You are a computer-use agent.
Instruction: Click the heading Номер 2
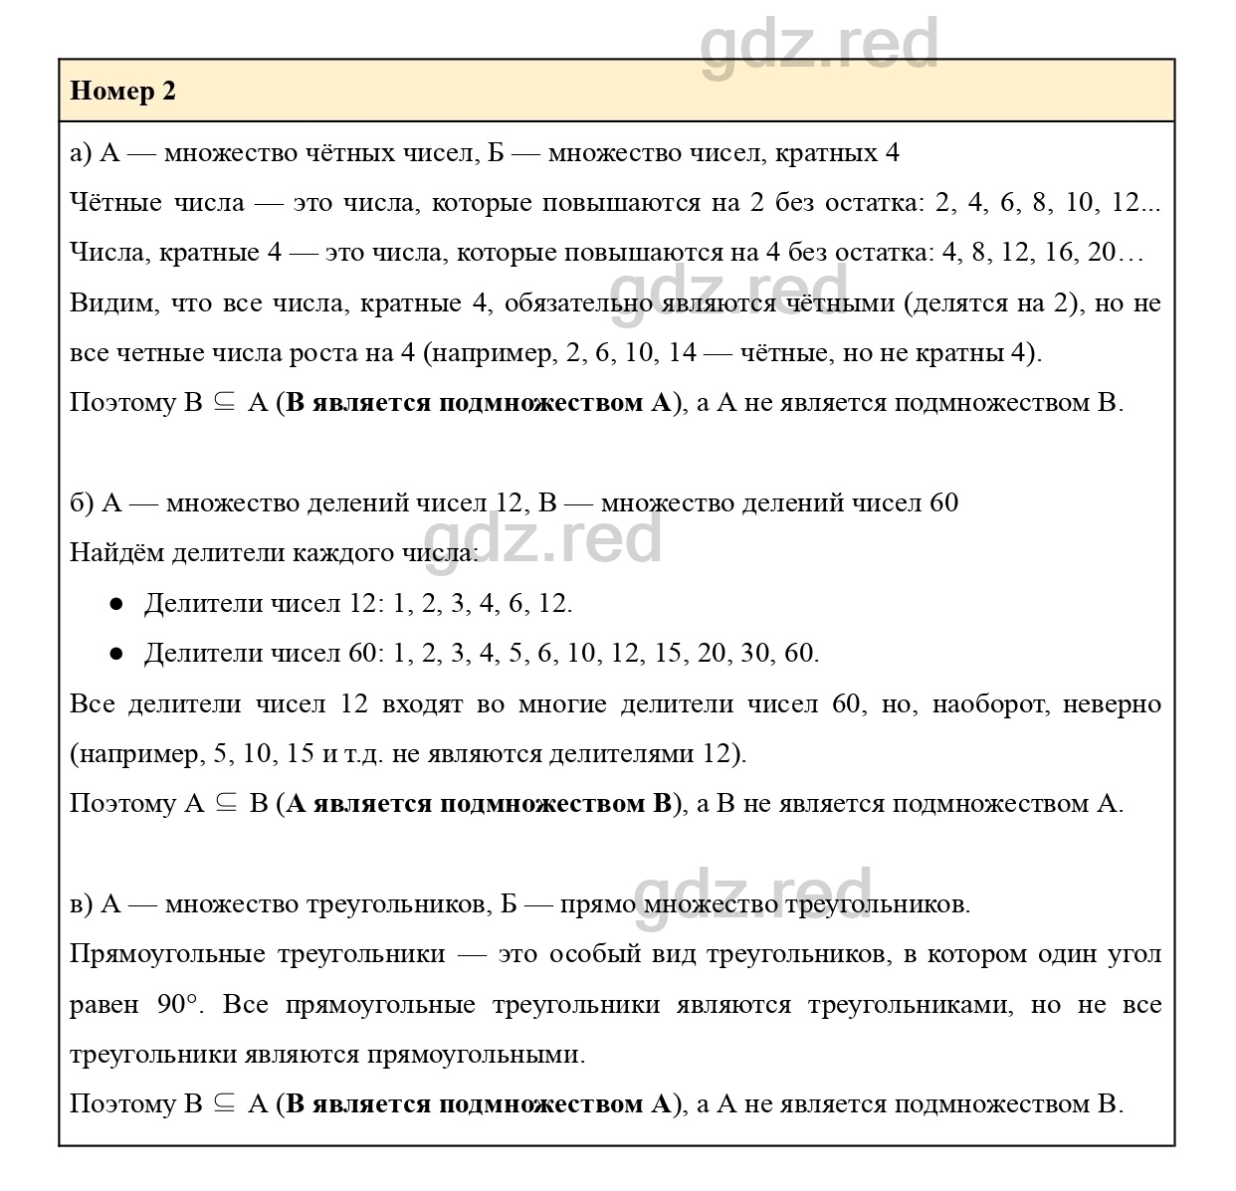pyautogui.click(x=123, y=92)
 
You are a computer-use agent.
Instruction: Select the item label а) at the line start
pyautogui.click(x=81, y=153)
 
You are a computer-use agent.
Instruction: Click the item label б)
pyautogui.click(x=82, y=503)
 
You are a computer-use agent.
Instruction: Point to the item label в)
pyautogui.click(x=81, y=904)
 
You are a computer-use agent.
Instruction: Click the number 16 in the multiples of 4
pyautogui.click(x=1061, y=253)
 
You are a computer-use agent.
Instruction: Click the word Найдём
pyautogui.click(x=116, y=553)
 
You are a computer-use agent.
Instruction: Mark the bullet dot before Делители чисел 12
pyautogui.click(x=116, y=604)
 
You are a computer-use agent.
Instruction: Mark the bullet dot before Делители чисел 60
pyautogui.click(x=116, y=654)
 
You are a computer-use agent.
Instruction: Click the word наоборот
pyautogui.click(x=978, y=704)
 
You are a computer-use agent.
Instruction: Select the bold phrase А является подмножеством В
pyautogui.click(x=479, y=804)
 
